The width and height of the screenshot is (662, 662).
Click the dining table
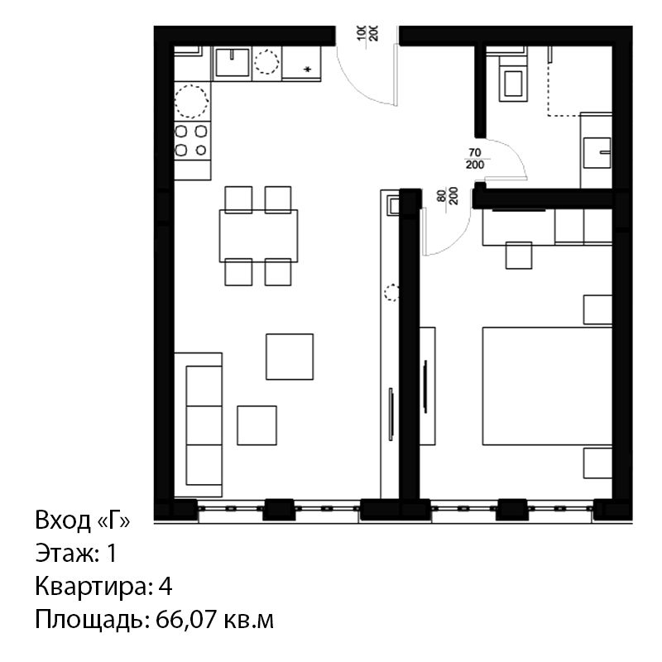[258, 236]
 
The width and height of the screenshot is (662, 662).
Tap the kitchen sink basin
[232, 63]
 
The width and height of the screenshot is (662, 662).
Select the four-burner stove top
[192, 140]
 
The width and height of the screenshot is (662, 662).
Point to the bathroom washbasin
[597, 152]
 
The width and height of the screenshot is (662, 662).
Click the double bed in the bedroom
[547, 386]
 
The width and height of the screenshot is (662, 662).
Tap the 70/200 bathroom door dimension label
[475, 159]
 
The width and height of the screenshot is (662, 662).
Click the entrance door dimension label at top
[367, 33]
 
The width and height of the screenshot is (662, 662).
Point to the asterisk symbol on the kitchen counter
[308, 70]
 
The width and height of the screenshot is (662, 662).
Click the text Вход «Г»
[83, 520]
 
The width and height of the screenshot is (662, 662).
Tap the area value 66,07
[187, 619]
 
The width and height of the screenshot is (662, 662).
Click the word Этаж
[65, 553]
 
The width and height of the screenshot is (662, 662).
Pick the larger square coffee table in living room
[290, 357]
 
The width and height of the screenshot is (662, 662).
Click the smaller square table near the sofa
[257, 425]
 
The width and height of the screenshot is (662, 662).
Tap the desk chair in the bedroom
[519, 255]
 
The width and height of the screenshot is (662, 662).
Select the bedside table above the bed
[597, 309]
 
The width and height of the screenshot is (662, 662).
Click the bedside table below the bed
[597, 463]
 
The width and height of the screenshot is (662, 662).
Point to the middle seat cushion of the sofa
[204, 425]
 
